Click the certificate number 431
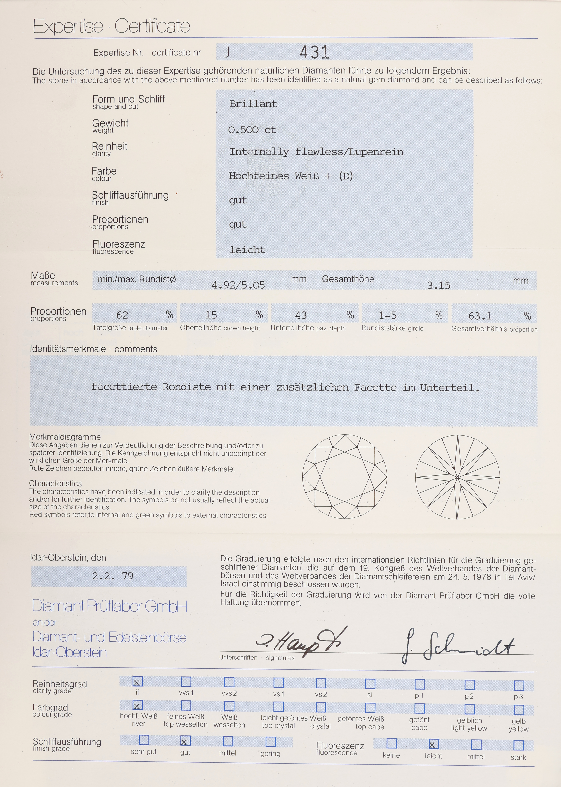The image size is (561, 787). [314, 53]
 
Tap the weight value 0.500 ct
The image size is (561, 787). [252, 130]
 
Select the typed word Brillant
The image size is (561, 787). [253, 104]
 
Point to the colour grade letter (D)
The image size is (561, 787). [346, 176]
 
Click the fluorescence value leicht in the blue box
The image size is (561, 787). [247, 250]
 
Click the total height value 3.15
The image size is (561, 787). [438, 285]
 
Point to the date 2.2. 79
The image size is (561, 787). [113, 576]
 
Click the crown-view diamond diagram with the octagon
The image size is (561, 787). [344, 477]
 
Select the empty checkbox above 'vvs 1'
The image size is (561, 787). [186, 682]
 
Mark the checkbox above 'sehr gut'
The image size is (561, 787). [144, 740]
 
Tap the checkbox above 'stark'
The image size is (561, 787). [518, 745]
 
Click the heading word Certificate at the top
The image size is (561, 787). [152, 26]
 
